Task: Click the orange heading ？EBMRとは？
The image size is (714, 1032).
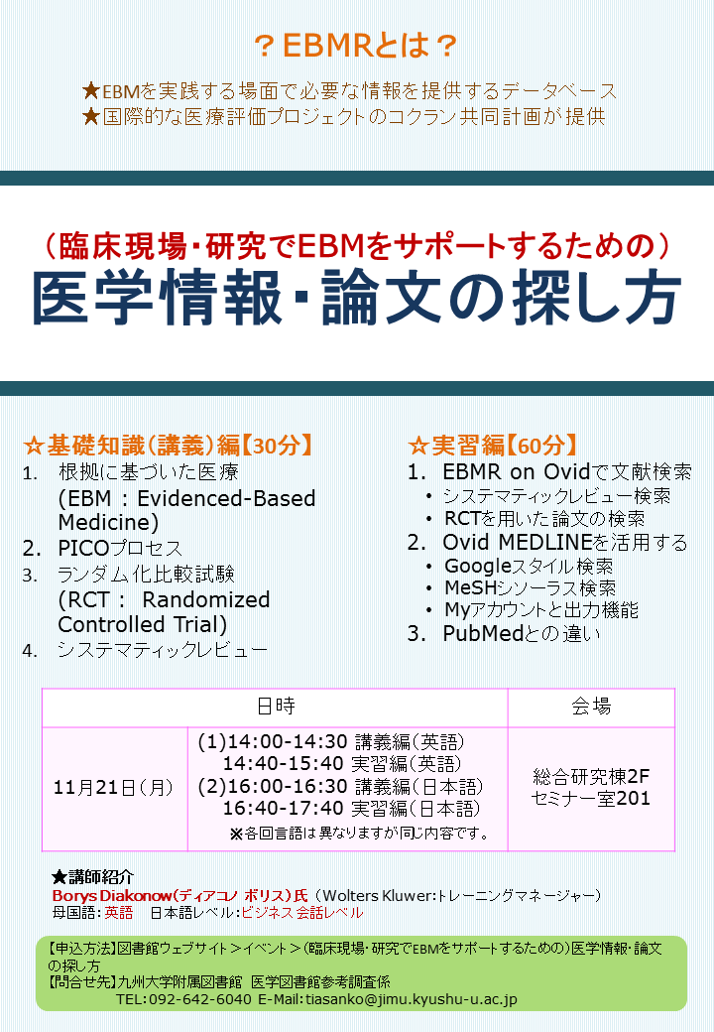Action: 356,46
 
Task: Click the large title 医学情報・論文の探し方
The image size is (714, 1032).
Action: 357,298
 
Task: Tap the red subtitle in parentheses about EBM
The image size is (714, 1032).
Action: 357,246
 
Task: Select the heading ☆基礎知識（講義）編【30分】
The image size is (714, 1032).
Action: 168,446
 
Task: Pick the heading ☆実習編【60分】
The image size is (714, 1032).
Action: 493,446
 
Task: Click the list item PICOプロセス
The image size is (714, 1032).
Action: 120,548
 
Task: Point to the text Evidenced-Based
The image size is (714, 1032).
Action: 226,498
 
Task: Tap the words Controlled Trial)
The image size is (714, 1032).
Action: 143,624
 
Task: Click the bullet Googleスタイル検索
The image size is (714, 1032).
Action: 529,566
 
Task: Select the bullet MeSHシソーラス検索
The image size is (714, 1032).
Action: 530,587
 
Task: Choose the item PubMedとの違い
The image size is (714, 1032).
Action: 522,633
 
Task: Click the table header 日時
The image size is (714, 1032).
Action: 276,707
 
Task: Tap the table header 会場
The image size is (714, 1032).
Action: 591,707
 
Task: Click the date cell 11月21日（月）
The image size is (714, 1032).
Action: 114,787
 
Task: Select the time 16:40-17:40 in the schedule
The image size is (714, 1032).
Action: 283,808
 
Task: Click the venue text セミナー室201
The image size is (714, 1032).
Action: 590,799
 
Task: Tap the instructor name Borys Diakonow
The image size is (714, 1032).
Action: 112,896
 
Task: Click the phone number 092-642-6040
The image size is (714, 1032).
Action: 200,999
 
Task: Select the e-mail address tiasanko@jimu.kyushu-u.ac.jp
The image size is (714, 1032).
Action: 412,999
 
